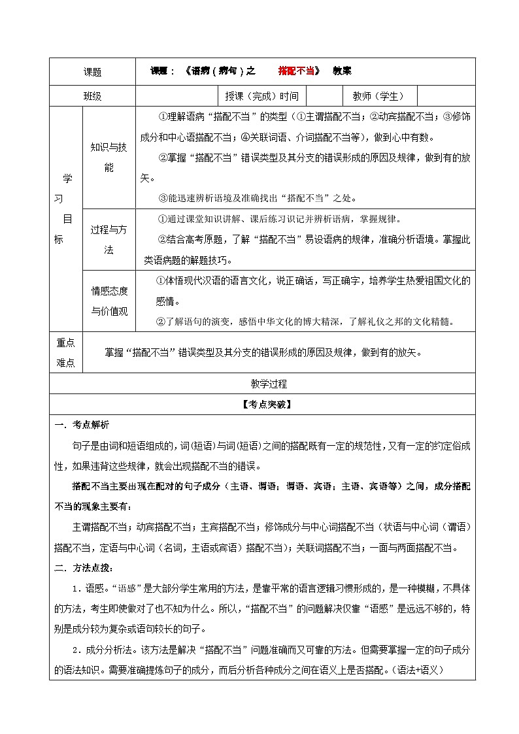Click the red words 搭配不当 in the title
tap(296, 71)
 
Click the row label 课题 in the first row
tap(92, 73)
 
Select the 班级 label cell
tap(92, 95)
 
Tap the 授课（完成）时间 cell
tap(261, 95)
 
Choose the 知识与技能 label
tap(109, 158)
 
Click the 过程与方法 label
tap(109, 239)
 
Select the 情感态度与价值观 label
tap(109, 301)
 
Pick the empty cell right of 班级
tap(177, 95)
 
